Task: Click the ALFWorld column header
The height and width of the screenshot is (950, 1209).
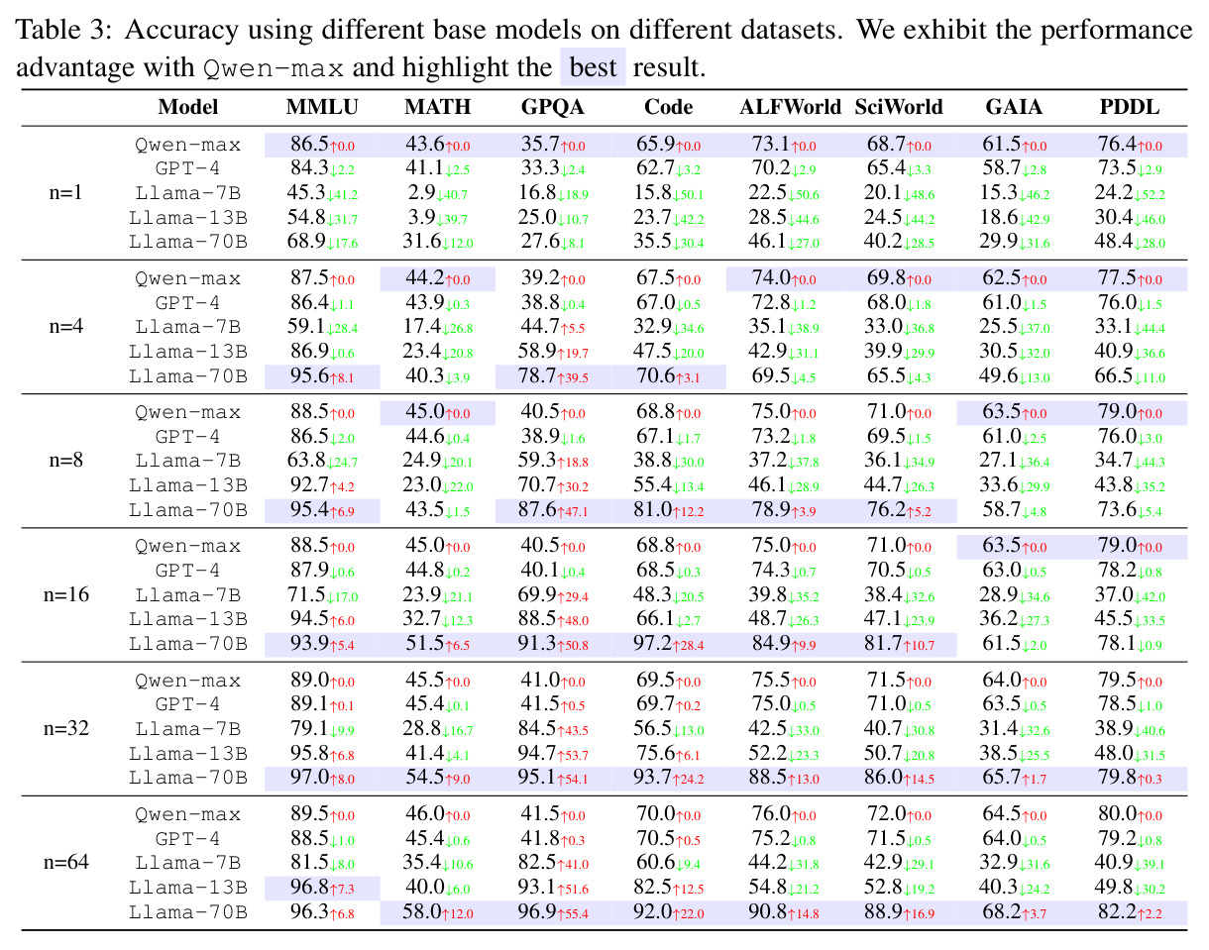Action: pos(790,107)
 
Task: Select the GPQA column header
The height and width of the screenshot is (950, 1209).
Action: pos(553,107)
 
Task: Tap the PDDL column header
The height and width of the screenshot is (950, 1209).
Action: pos(1129,107)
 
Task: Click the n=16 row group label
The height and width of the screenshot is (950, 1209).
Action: pos(66,594)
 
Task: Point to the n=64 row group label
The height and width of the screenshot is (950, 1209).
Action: pos(66,862)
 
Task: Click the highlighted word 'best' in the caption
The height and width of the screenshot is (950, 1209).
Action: pos(593,67)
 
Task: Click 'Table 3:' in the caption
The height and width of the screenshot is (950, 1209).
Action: pos(64,30)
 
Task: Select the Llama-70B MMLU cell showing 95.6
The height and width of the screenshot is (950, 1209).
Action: pos(322,376)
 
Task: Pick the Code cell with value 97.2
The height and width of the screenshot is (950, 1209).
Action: pos(668,644)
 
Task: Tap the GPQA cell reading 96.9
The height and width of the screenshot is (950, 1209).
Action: pos(553,912)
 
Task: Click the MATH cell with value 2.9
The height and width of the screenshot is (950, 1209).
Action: pos(438,193)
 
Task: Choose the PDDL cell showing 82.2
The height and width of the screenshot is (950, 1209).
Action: pos(1130,912)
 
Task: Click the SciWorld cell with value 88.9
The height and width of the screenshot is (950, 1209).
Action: pos(899,912)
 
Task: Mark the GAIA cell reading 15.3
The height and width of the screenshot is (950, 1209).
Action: pos(1014,193)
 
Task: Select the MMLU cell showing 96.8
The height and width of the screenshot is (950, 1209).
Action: pos(322,888)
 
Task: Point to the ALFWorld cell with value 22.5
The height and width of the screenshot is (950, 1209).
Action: pos(784,193)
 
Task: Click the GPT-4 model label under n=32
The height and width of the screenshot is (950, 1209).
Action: pos(187,704)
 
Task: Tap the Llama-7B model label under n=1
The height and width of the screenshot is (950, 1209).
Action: pos(187,193)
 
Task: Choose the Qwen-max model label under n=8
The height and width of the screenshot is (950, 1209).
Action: pos(187,413)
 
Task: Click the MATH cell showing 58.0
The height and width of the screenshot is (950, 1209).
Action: pos(438,912)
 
